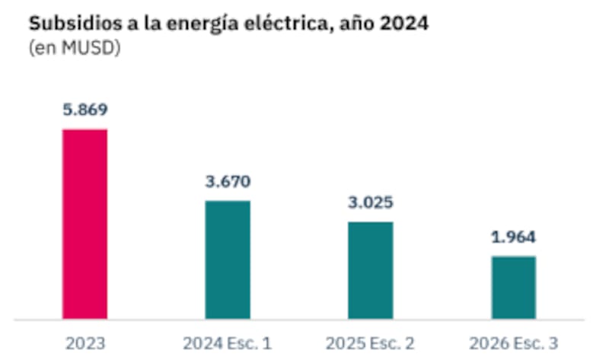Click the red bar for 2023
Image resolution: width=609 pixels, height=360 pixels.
point(84,224)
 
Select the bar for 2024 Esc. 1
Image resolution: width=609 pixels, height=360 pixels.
point(228,260)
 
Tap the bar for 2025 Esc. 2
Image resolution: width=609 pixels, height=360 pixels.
point(371,270)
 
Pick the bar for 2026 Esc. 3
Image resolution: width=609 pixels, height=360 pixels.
point(514,287)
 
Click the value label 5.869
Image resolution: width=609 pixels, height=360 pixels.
point(84,110)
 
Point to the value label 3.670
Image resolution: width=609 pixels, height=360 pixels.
point(228,182)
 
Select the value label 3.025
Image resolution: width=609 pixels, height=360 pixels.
point(371,203)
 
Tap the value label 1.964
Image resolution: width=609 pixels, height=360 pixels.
point(514,237)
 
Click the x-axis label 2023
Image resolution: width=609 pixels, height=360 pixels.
point(84,343)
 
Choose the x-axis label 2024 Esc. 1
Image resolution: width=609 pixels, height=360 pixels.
point(228,343)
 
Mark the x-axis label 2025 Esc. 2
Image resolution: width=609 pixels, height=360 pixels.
point(371,343)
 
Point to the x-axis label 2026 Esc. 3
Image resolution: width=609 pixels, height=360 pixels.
point(514,343)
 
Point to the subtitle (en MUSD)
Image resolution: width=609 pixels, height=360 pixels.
point(75,48)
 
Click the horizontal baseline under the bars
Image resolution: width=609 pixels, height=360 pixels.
point(304,320)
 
